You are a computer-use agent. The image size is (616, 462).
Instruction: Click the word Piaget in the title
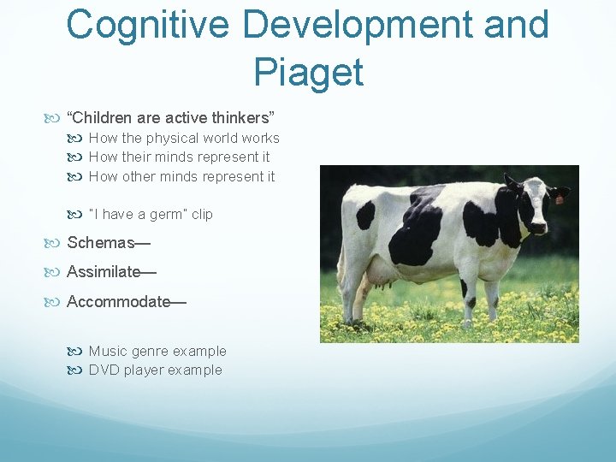tap(308, 72)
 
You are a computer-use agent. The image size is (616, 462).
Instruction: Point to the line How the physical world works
tap(184, 138)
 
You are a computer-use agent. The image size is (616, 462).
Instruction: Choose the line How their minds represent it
tap(179, 157)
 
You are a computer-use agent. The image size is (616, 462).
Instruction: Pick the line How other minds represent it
tap(181, 176)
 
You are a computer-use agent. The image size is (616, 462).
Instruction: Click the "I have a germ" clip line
tap(151, 214)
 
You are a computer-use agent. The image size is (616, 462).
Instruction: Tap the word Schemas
tap(101, 243)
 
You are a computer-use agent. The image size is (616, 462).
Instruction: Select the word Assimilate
tap(104, 272)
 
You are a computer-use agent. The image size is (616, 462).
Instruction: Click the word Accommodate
tap(118, 301)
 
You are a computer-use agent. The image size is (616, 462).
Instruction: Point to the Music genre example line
tap(157, 351)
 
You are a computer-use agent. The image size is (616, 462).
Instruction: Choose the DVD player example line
tap(155, 370)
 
